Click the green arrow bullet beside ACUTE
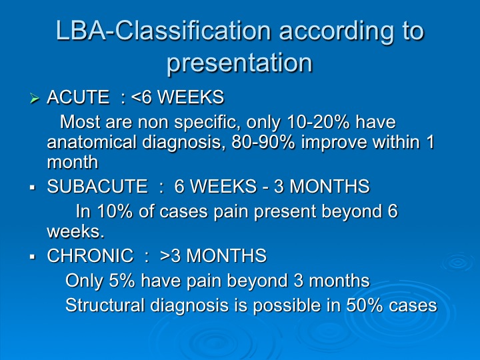tap(35, 99)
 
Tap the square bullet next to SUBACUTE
tap(33, 187)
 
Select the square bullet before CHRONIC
tap(33, 256)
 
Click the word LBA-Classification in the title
tap(163, 31)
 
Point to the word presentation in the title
tap(240, 63)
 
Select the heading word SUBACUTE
tap(97, 186)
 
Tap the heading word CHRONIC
tap(90, 255)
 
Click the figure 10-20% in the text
tap(319, 122)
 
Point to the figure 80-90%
tap(263, 142)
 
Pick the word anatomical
tap(92, 142)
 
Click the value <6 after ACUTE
tap(141, 97)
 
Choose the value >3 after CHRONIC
tap(170, 255)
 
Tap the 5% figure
tap(121, 281)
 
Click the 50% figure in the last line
tap(364, 305)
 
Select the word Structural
tap(105, 305)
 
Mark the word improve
tap(334, 143)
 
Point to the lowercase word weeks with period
tap(75, 231)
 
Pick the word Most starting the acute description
tap(80, 122)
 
